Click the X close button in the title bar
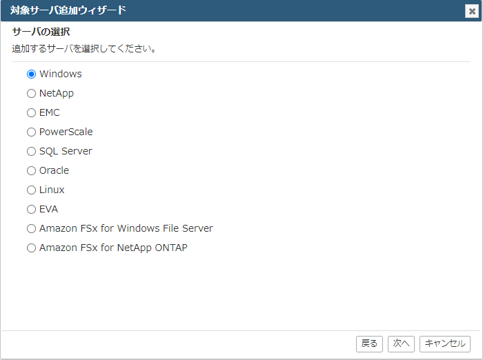(471, 12)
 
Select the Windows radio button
(31, 74)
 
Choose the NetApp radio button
(31, 93)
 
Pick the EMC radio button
(31, 112)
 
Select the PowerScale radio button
(31, 132)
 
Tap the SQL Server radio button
(31, 151)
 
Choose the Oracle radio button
(31, 170)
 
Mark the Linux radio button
(31, 190)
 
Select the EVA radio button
(31, 210)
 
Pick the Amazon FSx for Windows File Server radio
(31, 228)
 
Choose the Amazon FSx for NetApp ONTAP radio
(31, 248)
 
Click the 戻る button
(369, 343)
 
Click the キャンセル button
(445, 343)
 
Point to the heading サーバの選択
(41, 32)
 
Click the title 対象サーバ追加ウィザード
(68, 10)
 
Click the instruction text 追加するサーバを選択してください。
(84, 48)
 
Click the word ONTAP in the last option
(171, 248)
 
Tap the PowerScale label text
(66, 132)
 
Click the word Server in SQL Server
(77, 151)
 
